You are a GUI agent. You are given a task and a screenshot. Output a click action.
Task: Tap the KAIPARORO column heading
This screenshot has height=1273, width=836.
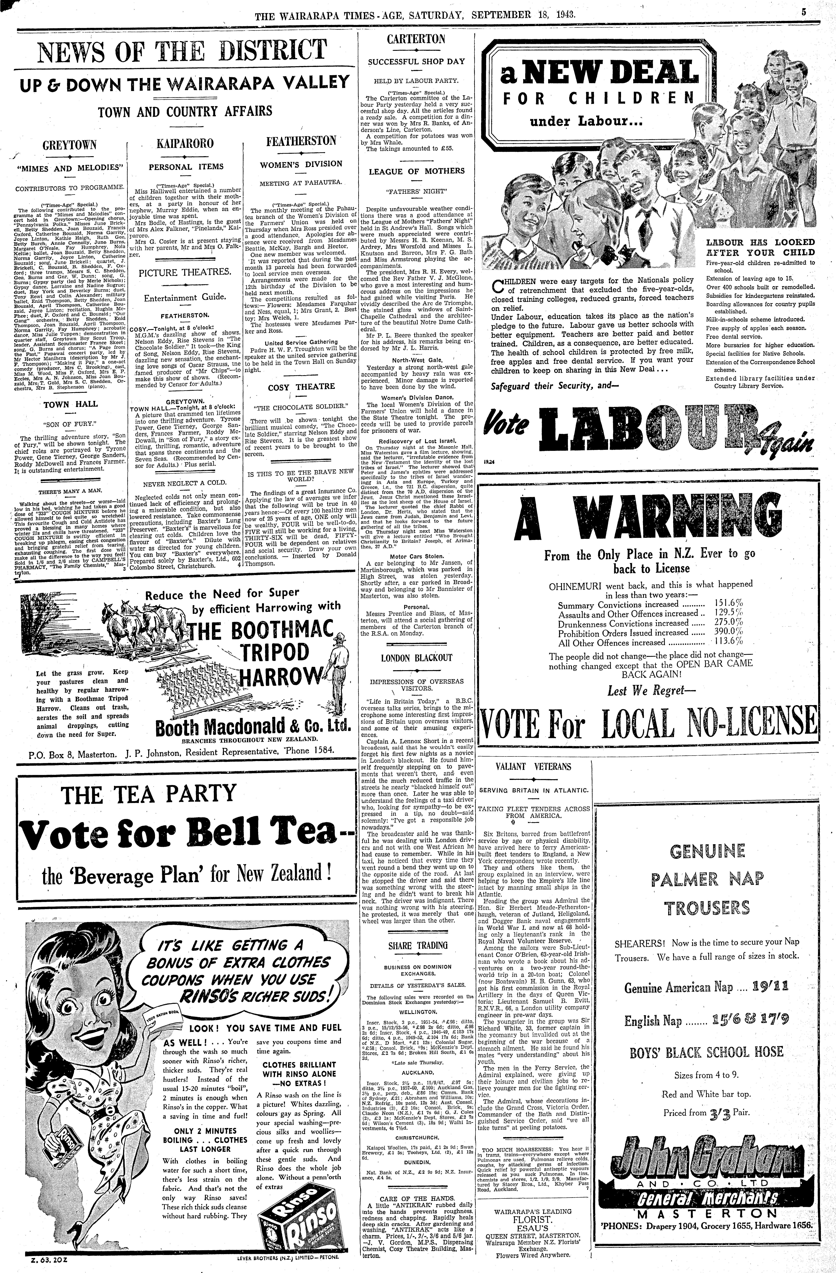[185, 143]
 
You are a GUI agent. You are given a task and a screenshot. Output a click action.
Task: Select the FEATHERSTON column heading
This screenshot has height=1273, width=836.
[301, 141]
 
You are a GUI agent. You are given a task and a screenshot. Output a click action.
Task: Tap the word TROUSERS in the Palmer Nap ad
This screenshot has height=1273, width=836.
[707, 908]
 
